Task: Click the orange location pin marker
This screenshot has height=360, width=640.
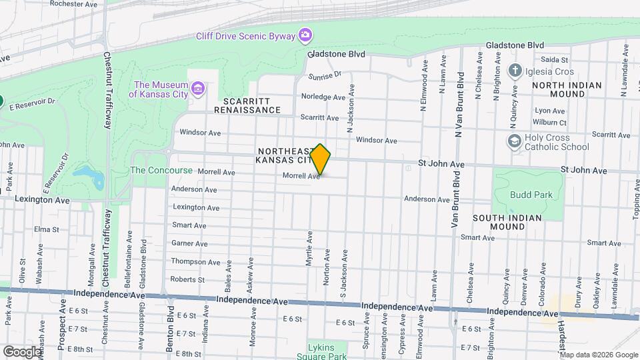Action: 321,160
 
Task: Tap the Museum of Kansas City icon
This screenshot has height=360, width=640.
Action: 197,89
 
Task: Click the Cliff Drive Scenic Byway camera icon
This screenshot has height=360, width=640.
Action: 305,34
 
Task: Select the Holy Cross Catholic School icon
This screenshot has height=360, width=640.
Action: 514,141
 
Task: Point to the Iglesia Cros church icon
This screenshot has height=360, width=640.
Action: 514,71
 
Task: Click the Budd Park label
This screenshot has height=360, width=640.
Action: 527,195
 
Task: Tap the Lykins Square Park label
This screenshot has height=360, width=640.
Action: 327,352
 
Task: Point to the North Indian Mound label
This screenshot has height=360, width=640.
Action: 567,89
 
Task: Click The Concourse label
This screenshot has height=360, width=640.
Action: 161,170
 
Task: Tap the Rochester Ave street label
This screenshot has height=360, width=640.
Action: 74,3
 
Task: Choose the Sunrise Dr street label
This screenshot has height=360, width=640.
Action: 325,75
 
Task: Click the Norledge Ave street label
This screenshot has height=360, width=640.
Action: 323,97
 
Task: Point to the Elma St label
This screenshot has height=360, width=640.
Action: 47,229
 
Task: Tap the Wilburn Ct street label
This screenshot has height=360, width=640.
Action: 550,123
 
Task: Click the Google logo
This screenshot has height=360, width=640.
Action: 21,351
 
